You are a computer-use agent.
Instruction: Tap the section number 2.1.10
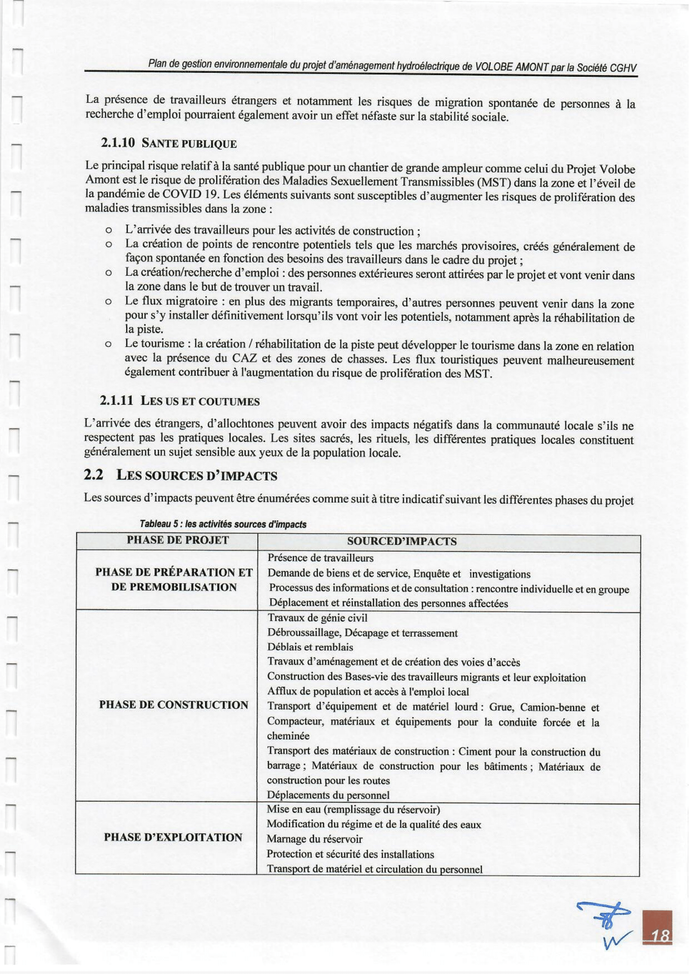coord(118,143)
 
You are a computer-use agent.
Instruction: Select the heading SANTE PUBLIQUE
coord(189,144)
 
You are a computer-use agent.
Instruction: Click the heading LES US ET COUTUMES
coord(200,401)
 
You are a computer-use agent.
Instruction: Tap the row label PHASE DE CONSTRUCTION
coord(173,705)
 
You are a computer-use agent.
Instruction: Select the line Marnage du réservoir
coord(314,839)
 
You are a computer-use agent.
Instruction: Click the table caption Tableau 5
coord(220,524)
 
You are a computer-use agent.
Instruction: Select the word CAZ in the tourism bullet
coord(243,358)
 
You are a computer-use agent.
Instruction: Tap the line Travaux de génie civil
coord(317,618)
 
